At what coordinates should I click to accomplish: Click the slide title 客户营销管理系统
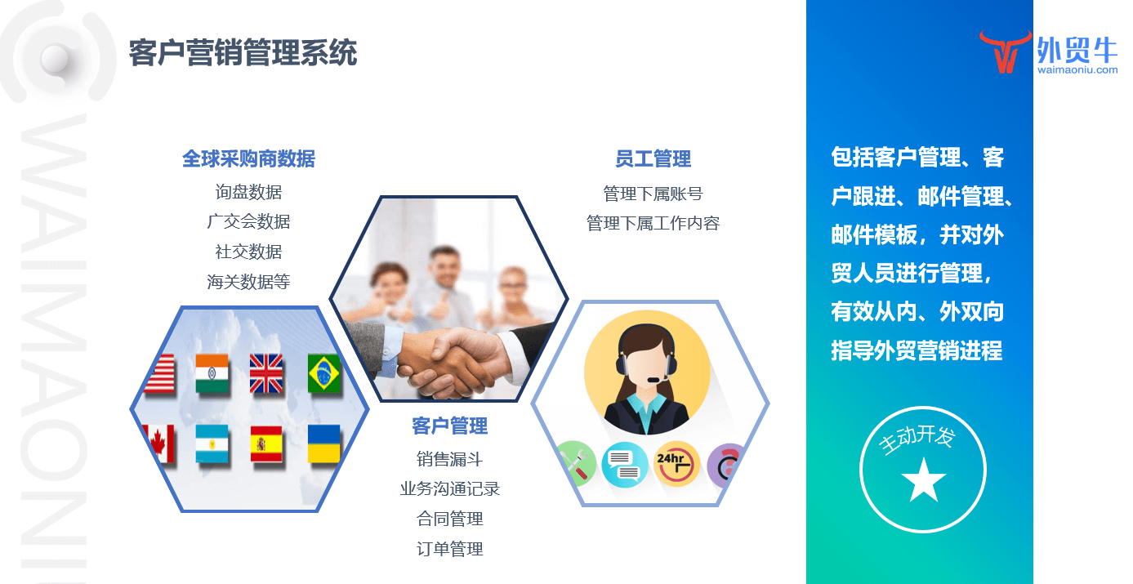tap(243, 52)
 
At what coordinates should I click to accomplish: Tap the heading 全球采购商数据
tap(248, 158)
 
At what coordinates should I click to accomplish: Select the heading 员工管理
tap(653, 158)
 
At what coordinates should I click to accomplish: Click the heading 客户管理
tap(449, 426)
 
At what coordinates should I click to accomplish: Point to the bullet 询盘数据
tap(248, 192)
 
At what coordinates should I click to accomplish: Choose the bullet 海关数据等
tap(248, 282)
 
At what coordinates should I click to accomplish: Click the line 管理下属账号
tap(653, 194)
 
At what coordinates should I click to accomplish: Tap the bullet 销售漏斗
tap(449, 459)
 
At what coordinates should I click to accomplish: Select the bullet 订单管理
tap(449, 549)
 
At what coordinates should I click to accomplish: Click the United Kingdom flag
tap(266, 373)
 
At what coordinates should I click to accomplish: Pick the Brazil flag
tap(323, 373)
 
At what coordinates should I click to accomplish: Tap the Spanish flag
tap(266, 444)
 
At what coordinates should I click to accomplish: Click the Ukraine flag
tap(323, 444)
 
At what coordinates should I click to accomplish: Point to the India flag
tap(212, 373)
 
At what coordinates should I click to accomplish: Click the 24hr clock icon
tap(676, 464)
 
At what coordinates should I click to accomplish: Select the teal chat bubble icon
tap(625, 464)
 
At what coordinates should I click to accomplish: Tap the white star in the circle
tap(924, 480)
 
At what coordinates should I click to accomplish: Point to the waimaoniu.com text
tap(1077, 69)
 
